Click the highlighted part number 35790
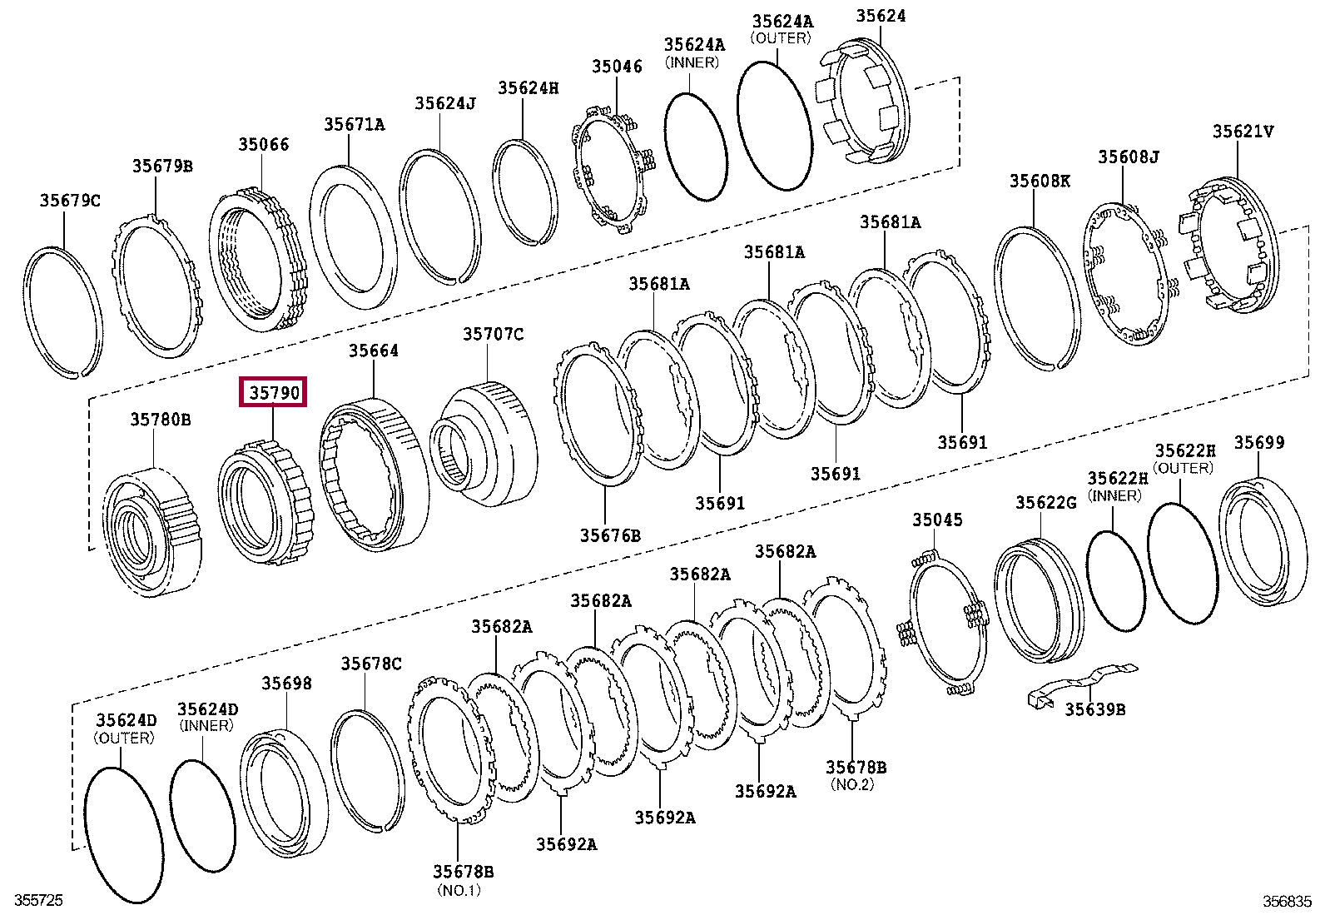click(x=274, y=392)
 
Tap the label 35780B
click(x=161, y=420)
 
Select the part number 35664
click(x=374, y=351)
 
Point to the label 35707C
click(x=494, y=334)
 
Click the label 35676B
click(x=610, y=535)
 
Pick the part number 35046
click(x=617, y=67)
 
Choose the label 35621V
click(x=1243, y=132)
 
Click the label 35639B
click(x=1095, y=709)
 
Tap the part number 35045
click(x=937, y=520)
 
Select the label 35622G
click(x=1045, y=502)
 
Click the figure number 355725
click(x=39, y=900)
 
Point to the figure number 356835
click(x=1287, y=901)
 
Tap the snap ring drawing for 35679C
click(x=62, y=312)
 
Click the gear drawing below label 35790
click(x=266, y=504)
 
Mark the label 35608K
click(x=1040, y=181)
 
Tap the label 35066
click(x=263, y=145)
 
